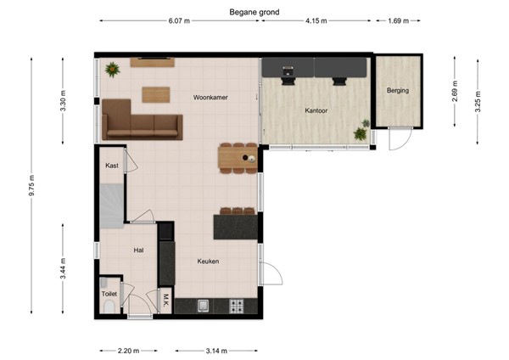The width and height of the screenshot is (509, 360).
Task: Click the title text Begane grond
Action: [x=255, y=12]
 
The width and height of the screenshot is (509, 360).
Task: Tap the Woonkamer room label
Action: [x=210, y=98]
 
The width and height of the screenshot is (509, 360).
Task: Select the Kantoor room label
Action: [x=316, y=111]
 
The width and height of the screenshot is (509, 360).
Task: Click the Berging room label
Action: [x=397, y=90]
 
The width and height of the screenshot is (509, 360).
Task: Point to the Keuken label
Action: [x=209, y=262]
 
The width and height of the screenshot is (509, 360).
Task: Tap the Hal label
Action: [x=138, y=250]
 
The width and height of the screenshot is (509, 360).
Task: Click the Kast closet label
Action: [x=111, y=166]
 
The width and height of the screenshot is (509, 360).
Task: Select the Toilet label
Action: [x=109, y=294]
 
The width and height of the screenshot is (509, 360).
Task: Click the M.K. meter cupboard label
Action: [x=166, y=299]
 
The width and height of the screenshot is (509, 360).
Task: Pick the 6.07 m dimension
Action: [x=180, y=21]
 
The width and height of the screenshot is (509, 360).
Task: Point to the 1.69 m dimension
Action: [x=398, y=21]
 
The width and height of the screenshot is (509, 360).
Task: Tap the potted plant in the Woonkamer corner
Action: [x=112, y=70]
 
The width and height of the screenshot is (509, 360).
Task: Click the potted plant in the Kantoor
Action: [x=361, y=133]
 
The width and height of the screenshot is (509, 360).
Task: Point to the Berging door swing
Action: [x=398, y=139]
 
